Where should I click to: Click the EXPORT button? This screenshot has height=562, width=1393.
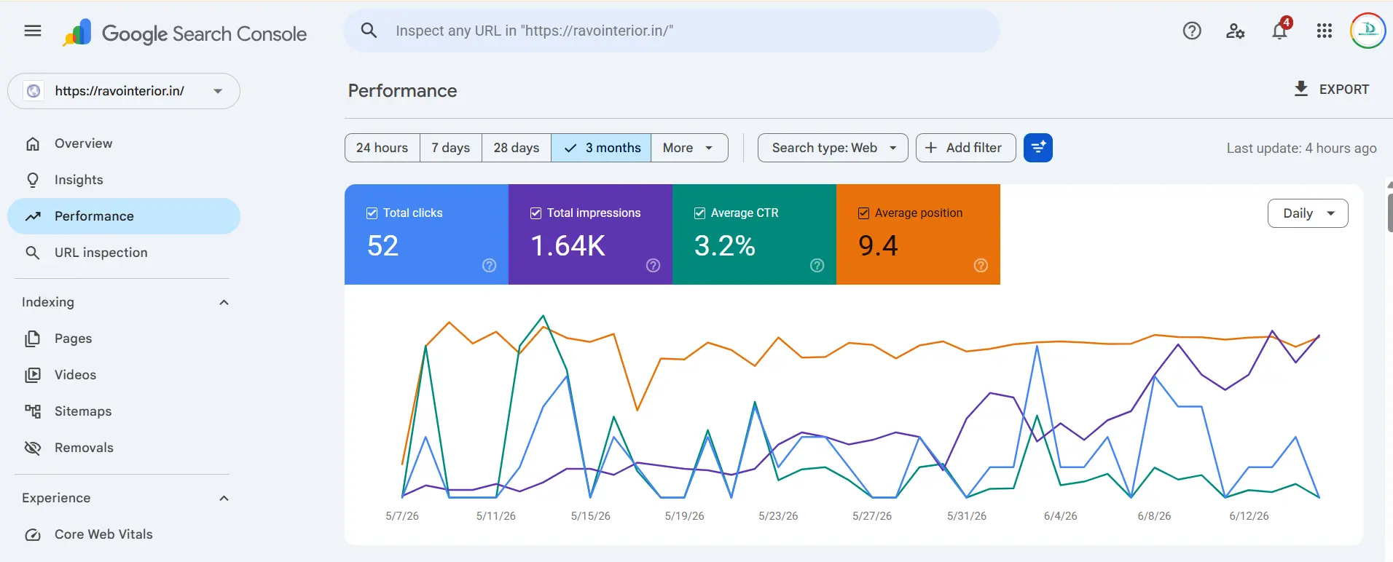tap(1331, 90)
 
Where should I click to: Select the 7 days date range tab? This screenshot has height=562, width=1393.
tap(450, 148)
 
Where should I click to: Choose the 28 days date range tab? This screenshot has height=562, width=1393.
tap(517, 148)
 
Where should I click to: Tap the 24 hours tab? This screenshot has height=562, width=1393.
tap(382, 148)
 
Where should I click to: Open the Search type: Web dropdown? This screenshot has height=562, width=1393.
tap(833, 148)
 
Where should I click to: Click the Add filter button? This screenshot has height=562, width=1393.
tap(965, 148)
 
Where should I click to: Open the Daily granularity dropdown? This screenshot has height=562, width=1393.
tap(1308, 213)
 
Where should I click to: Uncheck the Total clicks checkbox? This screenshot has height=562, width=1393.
tap(372, 213)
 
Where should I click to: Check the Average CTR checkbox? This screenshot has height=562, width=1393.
tap(699, 213)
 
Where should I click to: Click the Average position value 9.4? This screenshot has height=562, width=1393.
tap(878, 246)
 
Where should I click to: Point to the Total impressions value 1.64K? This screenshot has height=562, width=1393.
tap(568, 246)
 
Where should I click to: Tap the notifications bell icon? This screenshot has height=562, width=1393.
tap(1279, 31)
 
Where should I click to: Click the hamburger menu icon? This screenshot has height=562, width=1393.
tap(33, 31)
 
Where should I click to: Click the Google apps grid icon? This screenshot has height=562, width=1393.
tap(1325, 31)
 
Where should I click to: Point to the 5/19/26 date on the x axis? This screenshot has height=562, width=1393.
tap(684, 516)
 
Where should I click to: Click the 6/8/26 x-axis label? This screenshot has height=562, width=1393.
tap(1154, 516)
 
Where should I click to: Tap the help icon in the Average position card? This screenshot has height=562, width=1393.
tap(981, 266)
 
